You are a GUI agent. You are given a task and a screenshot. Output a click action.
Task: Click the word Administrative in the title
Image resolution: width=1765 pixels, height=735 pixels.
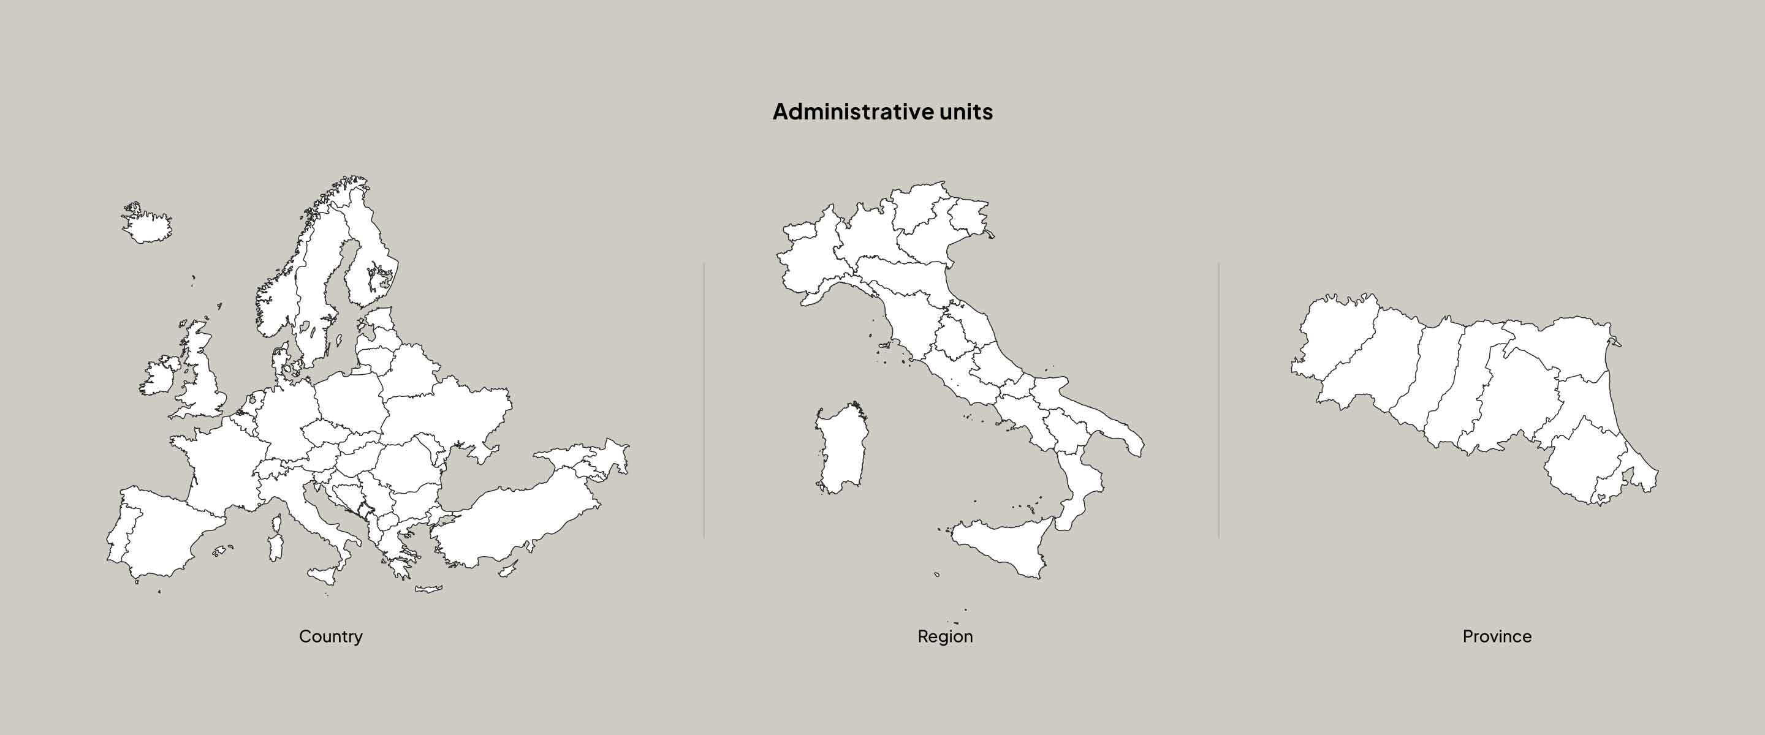click(x=852, y=111)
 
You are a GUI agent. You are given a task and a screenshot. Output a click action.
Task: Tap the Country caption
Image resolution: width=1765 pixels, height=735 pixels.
click(x=330, y=636)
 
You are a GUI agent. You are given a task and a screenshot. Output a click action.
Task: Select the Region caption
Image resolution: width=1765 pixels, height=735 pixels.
click(x=945, y=636)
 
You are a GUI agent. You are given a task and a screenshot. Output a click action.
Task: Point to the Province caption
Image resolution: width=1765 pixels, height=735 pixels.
click(x=1497, y=636)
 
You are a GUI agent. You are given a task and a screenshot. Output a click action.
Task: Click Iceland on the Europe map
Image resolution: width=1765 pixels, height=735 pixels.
click(x=148, y=227)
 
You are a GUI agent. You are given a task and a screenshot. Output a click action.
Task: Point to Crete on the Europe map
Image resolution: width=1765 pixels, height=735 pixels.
click(x=429, y=589)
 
